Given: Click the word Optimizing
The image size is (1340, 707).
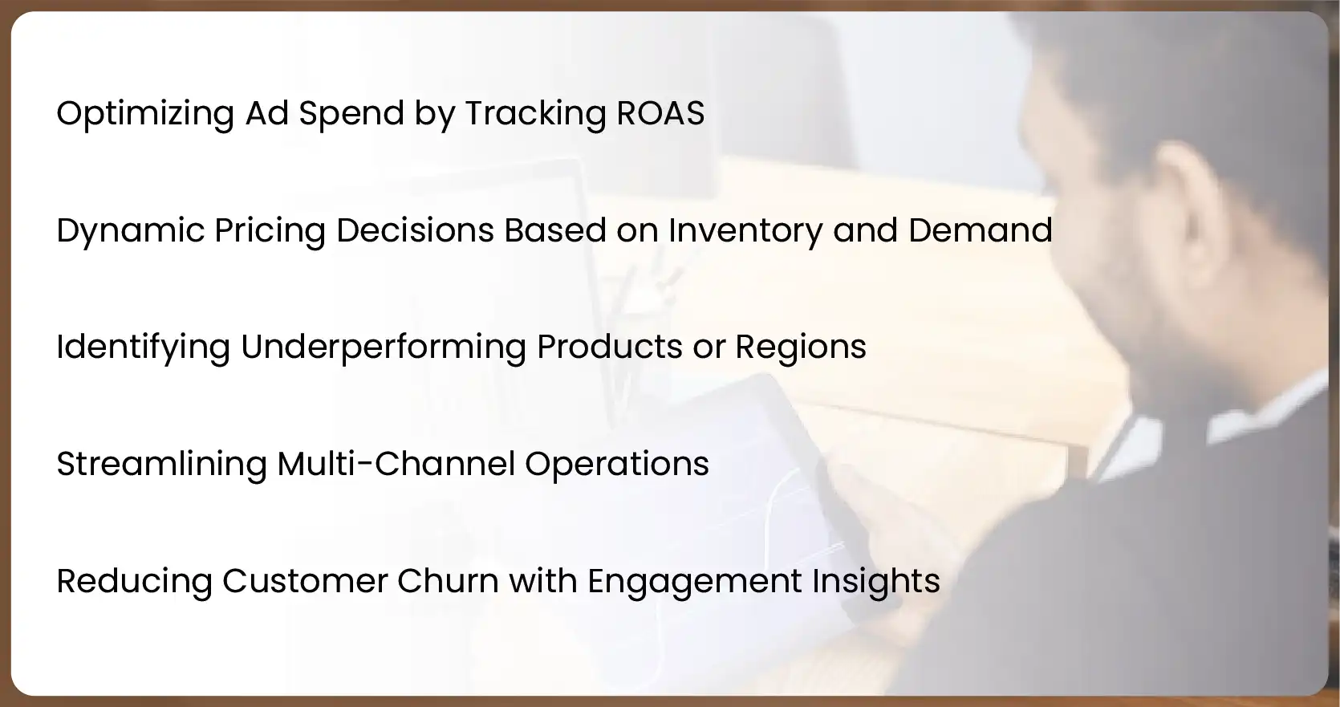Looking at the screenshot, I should coord(145,114).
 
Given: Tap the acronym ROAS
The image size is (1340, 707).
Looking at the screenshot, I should coord(660,113).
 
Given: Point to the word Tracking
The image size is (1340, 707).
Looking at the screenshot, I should coord(535,114).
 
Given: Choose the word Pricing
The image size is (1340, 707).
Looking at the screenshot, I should coord(270,231).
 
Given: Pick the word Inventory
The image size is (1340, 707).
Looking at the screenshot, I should coord(745,231).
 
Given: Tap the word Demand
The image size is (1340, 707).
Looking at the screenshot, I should coord(980,230).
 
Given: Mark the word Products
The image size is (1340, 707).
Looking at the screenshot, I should coord(610,347).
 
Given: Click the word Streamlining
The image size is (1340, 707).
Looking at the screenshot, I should coord(161,465).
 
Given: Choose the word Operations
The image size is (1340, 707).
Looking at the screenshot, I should coord(617,465).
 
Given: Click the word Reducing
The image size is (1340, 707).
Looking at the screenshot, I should coord(134,582).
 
